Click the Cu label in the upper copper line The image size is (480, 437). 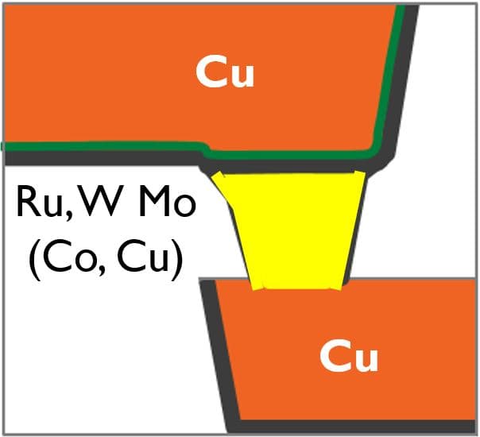pyautogui.click(x=225, y=73)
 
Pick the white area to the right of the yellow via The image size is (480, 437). pyautogui.click(x=421, y=222)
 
